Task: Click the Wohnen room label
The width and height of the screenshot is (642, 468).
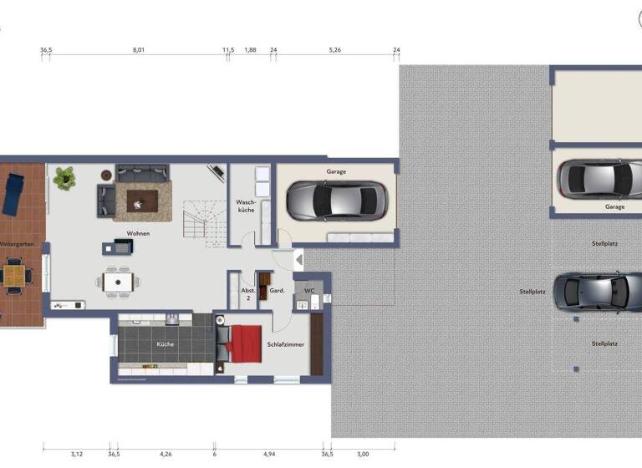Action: pos(138,233)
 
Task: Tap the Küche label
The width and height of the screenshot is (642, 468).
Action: pos(164,343)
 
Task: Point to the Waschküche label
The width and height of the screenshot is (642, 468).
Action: pos(245,206)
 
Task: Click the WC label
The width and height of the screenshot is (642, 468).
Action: pos(308,291)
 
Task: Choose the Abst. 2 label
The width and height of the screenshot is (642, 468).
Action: pos(247,294)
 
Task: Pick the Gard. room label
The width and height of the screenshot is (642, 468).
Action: pos(278,291)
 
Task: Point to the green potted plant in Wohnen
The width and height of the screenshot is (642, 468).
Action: pos(64,177)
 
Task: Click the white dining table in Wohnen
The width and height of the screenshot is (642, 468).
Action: pos(118,281)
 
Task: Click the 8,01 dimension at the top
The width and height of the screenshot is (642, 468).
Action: pos(139,50)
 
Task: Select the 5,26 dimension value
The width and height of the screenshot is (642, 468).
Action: pos(334,50)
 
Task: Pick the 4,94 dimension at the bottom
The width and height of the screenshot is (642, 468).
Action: pos(269,454)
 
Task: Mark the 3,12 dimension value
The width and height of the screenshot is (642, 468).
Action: pos(77,454)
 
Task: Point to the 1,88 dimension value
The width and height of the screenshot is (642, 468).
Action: pos(250,50)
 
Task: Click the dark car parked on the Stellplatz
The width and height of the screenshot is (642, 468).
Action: pos(596,291)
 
